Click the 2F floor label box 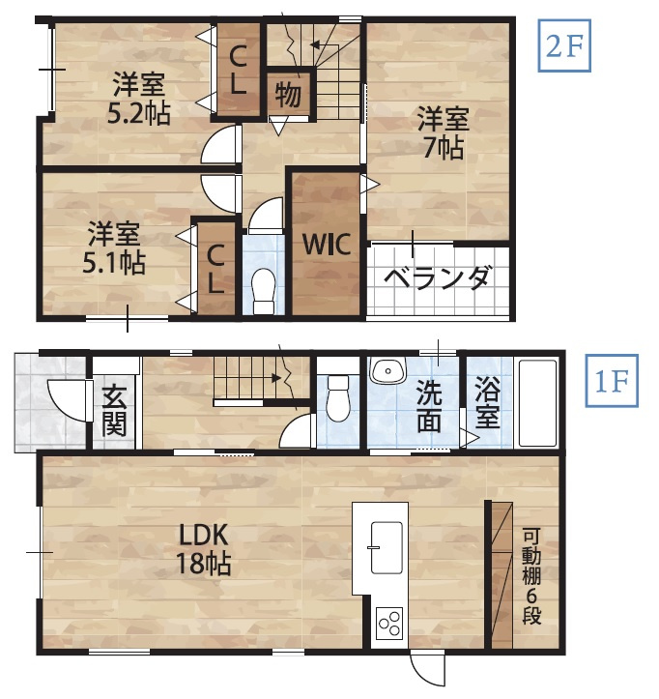tap(563, 48)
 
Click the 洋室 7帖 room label tap(443, 134)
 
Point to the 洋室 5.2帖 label tap(139, 98)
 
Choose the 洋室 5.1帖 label tap(114, 248)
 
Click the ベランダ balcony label tap(437, 277)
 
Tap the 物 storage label tap(287, 94)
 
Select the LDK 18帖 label tap(202, 547)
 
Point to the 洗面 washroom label tap(430, 406)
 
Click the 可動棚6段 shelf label tap(532, 575)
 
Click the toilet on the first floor tap(338, 397)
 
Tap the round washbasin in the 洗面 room tap(388, 371)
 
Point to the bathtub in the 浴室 tap(537, 403)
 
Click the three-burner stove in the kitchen tap(390, 623)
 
